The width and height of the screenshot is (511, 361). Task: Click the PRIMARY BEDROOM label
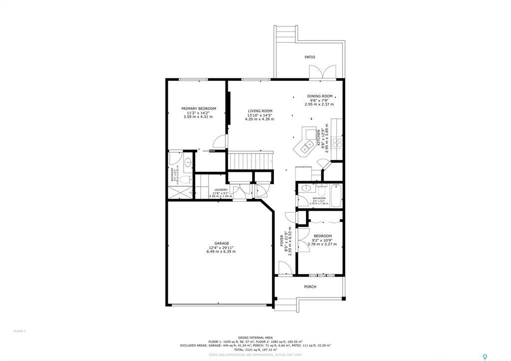(x=199, y=109)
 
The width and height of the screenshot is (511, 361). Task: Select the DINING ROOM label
(x=320, y=96)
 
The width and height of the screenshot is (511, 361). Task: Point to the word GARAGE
(x=222, y=244)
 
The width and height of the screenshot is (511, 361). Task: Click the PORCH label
(x=310, y=287)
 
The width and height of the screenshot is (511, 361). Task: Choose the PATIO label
(x=310, y=57)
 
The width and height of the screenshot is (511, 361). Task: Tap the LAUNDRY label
(x=221, y=190)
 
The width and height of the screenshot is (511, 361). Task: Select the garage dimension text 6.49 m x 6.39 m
(x=221, y=252)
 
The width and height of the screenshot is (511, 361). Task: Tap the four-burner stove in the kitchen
(x=337, y=142)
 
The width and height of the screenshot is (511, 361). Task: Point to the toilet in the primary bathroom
(x=184, y=179)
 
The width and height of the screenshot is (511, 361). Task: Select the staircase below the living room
(x=252, y=161)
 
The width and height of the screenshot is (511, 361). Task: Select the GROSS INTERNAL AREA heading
(x=255, y=337)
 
